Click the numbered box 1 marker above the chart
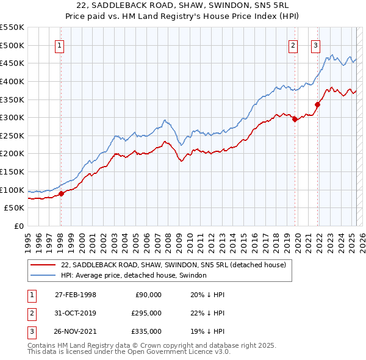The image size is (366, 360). [x=60, y=45]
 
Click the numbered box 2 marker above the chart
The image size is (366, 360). [x=293, y=45]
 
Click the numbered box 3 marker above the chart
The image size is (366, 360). [x=316, y=45]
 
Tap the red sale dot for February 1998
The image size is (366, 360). [x=61, y=193]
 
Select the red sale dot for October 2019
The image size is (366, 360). [x=295, y=120]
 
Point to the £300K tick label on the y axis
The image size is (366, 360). [x=12, y=117]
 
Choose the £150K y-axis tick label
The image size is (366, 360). [x=12, y=171]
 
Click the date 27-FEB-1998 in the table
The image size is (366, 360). [x=76, y=295]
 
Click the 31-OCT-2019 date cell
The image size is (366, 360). [x=76, y=313]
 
